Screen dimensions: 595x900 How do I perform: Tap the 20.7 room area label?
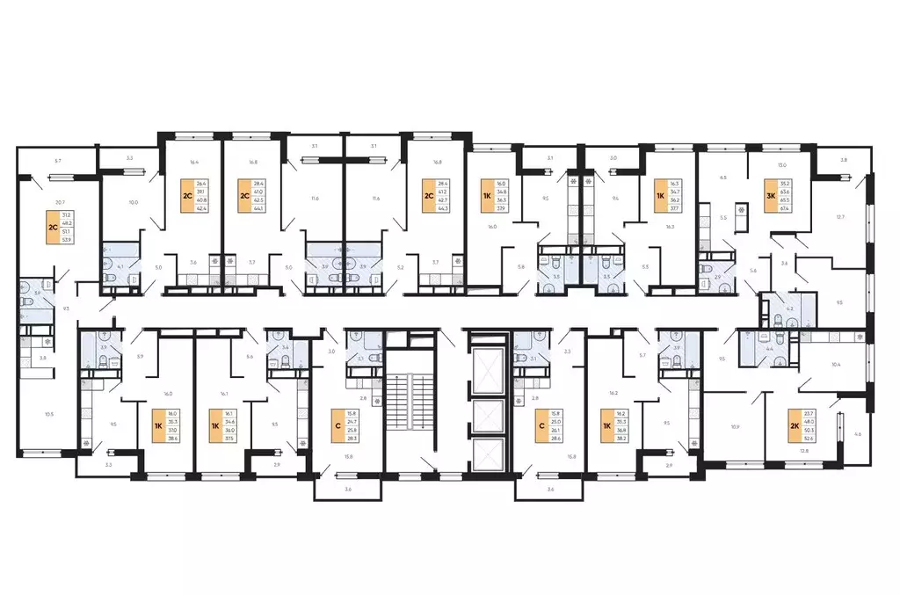[x=59, y=202]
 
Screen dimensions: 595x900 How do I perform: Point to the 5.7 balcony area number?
[x=58, y=162]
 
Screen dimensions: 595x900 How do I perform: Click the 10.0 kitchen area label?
[x=134, y=202]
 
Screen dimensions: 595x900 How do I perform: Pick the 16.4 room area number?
[x=194, y=162]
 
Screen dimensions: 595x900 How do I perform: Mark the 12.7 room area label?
[x=839, y=217]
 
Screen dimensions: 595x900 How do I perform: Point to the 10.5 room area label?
[x=48, y=413]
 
